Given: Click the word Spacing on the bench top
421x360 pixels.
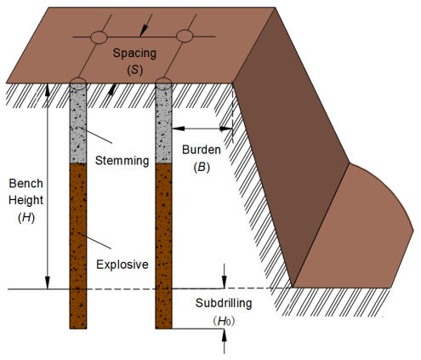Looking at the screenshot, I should [141, 54].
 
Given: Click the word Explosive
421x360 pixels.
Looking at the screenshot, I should [122, 265].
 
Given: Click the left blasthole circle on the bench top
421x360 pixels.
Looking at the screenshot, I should [99, 37].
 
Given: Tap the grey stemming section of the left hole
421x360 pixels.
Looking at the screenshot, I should [78, 128].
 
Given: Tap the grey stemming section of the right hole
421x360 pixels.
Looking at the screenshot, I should [164, 128].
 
